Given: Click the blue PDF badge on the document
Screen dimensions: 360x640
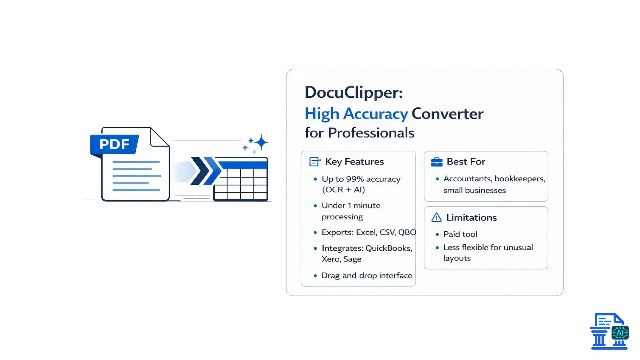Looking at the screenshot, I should (x=114, y=144).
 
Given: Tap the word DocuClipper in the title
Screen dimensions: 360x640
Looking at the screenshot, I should (x=353, y=92).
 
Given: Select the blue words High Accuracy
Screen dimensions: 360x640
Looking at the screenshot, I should (x=356, y=114).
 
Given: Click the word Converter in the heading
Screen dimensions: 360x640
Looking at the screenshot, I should (x=447, y=114).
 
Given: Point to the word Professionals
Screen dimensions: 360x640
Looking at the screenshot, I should (x=371, y=133).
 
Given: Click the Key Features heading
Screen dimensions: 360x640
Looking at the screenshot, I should (x=354, y=162).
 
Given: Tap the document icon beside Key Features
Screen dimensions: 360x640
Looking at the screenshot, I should (x=315, y=162).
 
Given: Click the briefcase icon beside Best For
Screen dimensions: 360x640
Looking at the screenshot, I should (x=437, y=162).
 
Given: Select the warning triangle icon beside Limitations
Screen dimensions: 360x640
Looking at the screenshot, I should (x=436, y=218).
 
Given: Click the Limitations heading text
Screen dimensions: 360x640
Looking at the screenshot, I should (x=471, y=218).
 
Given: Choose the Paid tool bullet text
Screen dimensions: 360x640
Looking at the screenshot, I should (x=460, y=234).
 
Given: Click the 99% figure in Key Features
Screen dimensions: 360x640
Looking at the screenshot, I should (x=355, y=179).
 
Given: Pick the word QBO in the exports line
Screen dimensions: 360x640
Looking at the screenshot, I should (x=407, y=232).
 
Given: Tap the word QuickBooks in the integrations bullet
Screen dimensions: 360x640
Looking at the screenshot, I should (x=389, y=248).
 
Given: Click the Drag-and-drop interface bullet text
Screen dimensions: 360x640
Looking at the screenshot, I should (x=367, y=276).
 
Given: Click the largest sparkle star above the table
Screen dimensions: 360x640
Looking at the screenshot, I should (x=262, y=142).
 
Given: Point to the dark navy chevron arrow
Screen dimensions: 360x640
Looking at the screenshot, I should (x=200, y=171).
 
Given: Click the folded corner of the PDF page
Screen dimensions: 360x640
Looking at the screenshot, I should (x=159, y=138).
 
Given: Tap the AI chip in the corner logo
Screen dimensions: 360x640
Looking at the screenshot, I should (x=620, y=333).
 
